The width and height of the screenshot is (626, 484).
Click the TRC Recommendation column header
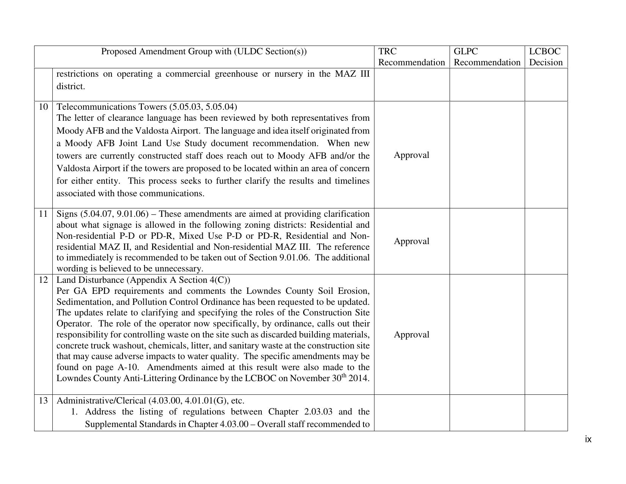411,57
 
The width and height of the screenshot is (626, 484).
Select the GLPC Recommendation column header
487,57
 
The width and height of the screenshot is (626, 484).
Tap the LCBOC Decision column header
546,57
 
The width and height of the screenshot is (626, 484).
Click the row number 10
43,107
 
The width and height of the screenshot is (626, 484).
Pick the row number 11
43,214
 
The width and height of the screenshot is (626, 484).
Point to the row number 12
43,280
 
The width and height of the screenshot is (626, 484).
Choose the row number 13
43,401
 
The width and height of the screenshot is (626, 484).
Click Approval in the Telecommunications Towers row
411,155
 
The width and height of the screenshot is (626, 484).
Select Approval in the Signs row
411,241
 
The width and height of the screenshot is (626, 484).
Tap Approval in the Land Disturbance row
411,334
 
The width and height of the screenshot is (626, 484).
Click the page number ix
588,440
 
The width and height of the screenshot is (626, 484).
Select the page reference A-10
129,367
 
